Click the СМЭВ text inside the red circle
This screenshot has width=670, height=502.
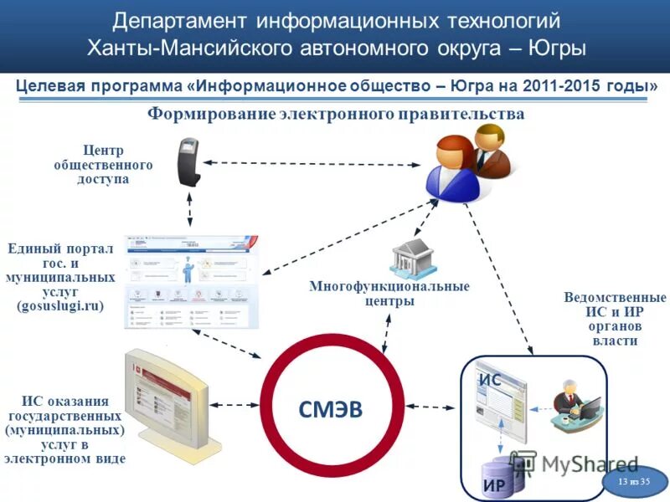[x=332, y=408]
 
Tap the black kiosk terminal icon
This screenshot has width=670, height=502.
[x=188, y=162]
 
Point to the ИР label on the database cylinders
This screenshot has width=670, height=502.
[x=494, y=484]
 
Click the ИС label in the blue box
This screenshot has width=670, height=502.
[x=490, y=380]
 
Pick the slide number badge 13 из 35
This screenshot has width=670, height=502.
[x=634, y=483]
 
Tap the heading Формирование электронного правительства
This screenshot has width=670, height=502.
[x=336, y=114]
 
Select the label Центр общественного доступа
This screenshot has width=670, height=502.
[x=103, y=165]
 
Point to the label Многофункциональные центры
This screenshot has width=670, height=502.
[x=389, y=294]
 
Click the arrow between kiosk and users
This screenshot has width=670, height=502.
[x=310, y=163]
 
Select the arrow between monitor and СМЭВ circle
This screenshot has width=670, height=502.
[x=234, y=404]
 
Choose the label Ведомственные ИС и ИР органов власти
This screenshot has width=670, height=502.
[x=615, y=319]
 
